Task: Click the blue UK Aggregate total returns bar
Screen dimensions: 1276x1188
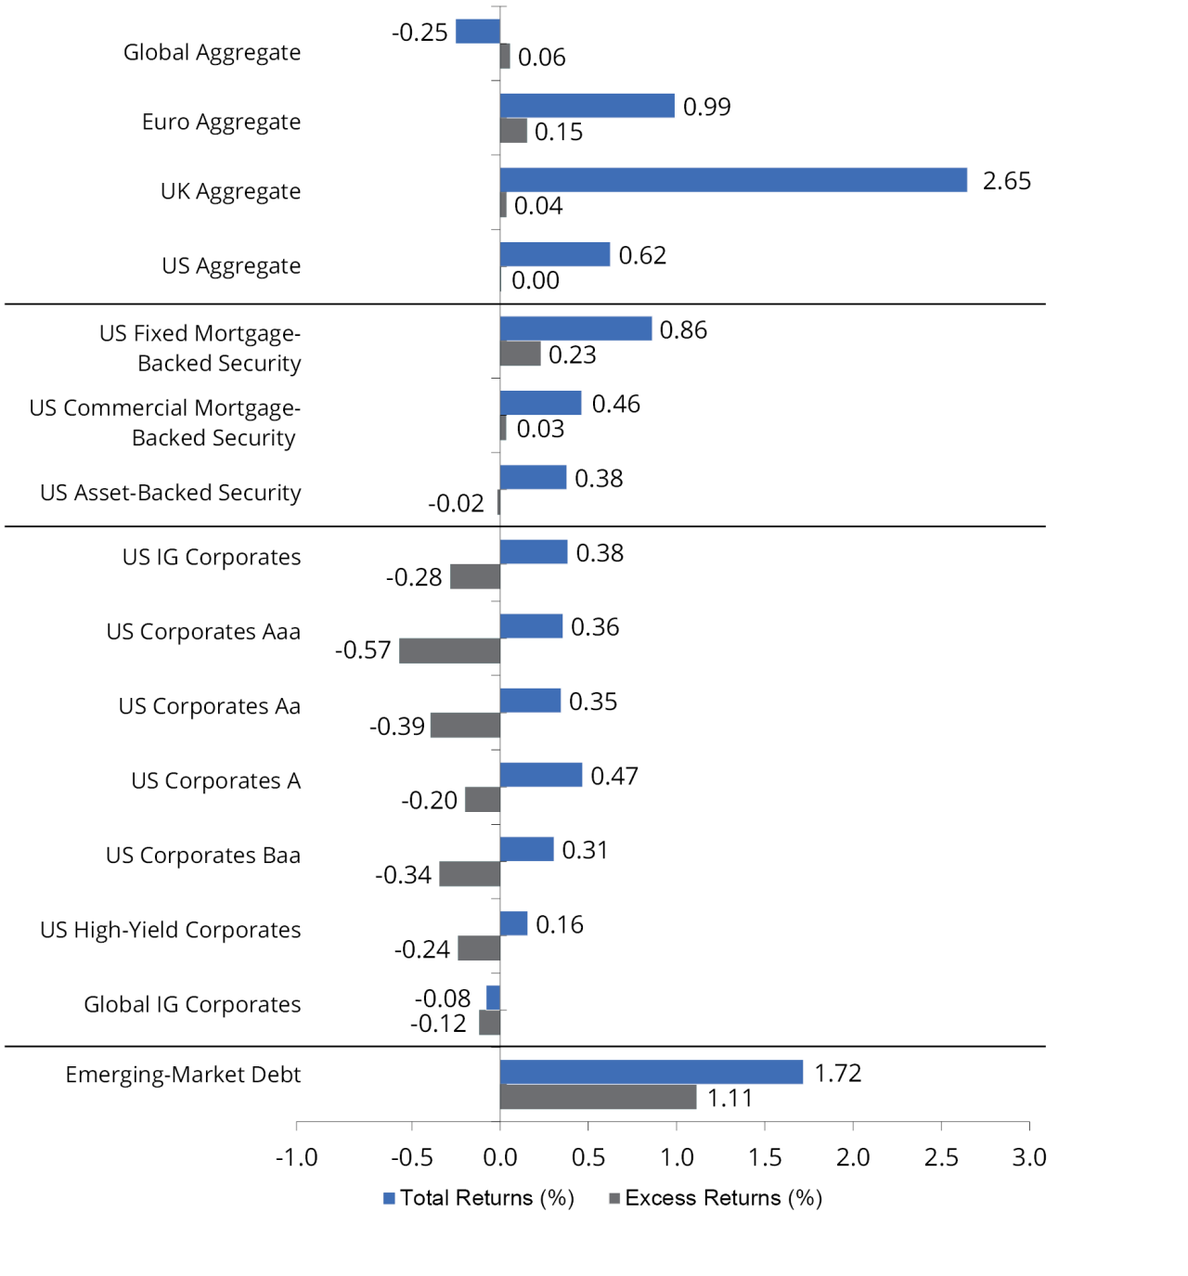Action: (733, 180)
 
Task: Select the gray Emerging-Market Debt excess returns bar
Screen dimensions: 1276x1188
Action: (598, 1097)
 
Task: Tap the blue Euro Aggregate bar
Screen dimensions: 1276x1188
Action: (587, 106)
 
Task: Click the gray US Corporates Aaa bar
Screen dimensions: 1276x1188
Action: (449, 651)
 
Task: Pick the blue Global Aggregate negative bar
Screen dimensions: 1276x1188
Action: (478, 32)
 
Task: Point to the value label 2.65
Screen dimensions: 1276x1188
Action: (1006, 181)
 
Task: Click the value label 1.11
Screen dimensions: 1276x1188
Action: (730, 1099)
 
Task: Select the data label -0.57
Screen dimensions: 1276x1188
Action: (363, 651)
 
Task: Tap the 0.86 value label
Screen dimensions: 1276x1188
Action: (683, 330)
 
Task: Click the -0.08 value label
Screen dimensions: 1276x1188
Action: (442, 999)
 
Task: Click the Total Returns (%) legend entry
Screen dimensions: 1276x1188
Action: (479, 1198)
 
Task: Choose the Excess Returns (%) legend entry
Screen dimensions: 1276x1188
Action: (716, 1198)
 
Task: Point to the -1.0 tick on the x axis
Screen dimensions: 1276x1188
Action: (296, 1157)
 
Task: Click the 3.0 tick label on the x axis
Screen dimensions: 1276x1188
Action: (1028, 1157)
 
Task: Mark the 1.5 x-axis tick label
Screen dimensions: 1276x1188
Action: (764, 1157)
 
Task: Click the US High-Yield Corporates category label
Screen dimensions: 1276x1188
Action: (171, 930)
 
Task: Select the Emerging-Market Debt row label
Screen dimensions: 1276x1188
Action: (183, 1075)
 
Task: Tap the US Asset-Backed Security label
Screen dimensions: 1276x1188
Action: (171, 493)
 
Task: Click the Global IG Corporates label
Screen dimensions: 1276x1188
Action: (192, 1004)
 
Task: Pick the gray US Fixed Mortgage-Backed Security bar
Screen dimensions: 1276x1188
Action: (520, 354)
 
